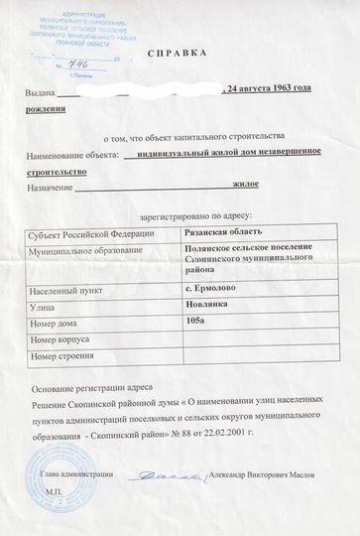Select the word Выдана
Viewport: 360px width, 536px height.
click(x=41, y=93)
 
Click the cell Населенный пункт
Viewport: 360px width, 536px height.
click(x=68, y=289)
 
